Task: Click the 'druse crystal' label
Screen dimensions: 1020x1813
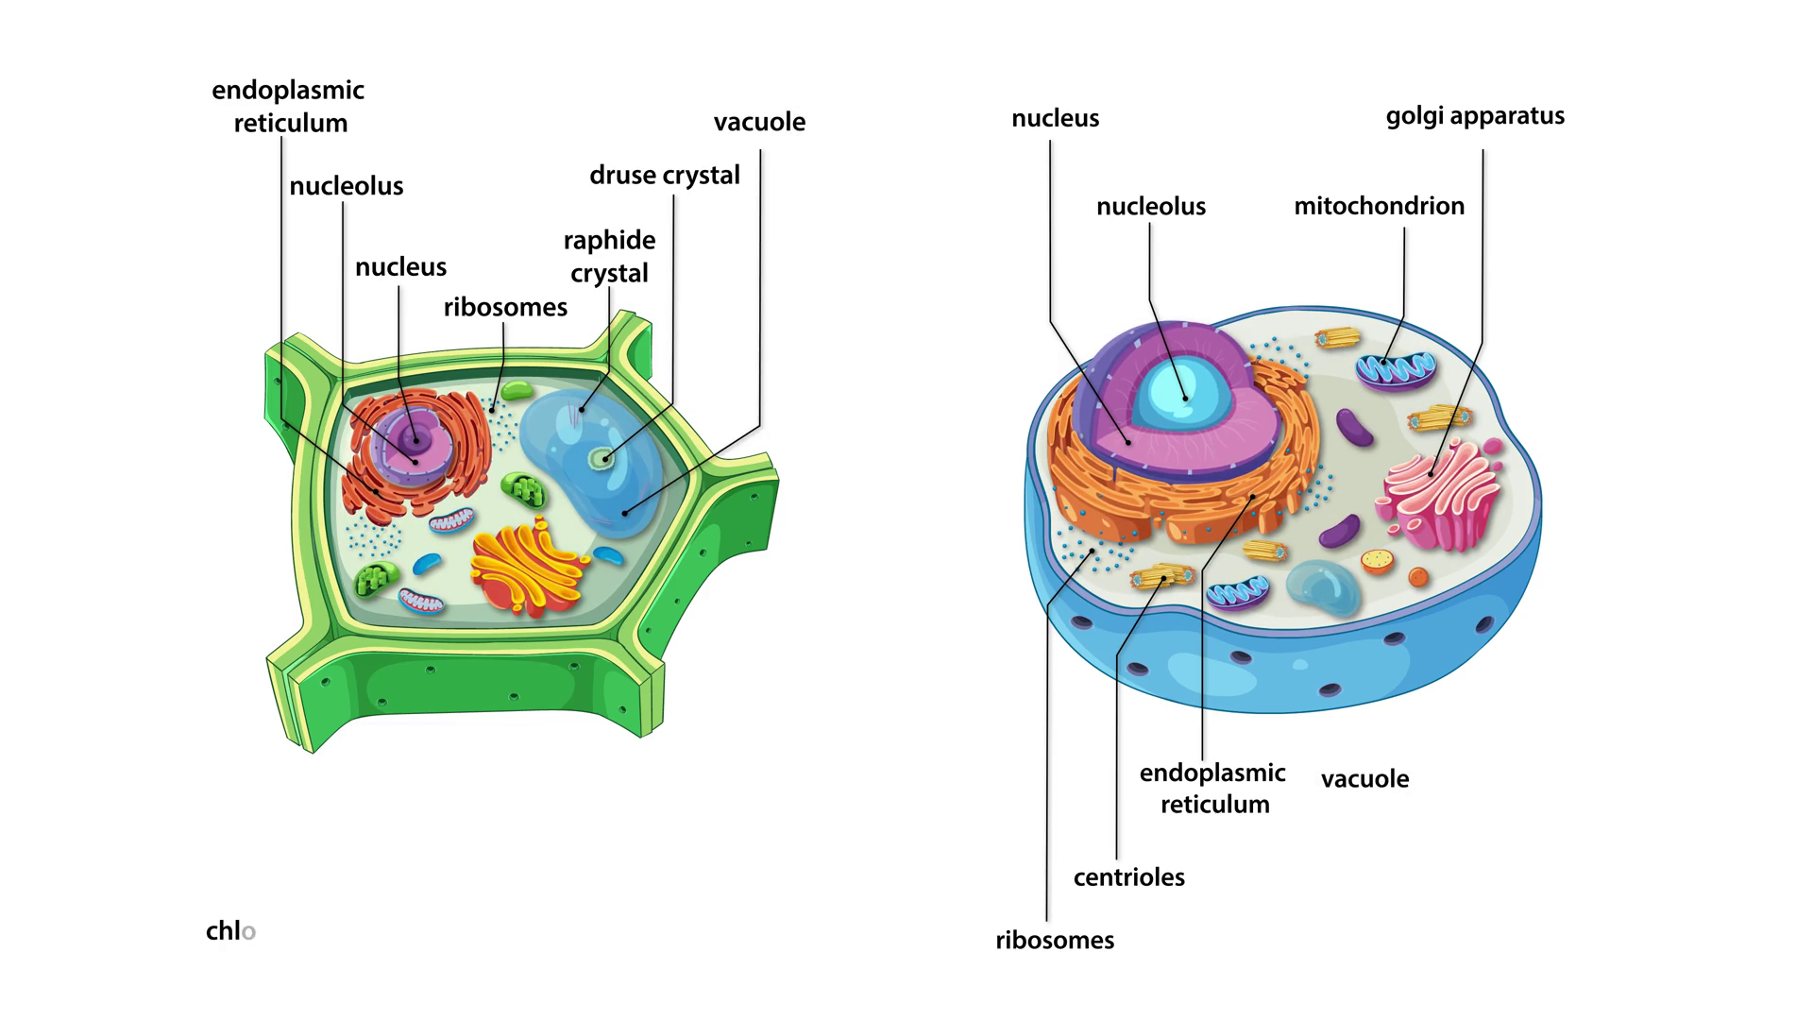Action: point(664,176)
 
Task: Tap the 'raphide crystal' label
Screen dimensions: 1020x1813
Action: point(609,256)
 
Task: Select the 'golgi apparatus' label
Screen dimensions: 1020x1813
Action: point(1475,116)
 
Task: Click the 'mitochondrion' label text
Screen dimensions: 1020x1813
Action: point(1379,206)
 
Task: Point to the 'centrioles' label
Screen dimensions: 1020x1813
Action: point(1128,877)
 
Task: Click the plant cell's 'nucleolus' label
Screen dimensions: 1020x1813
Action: point(346,186)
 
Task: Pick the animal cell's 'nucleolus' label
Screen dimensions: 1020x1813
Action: point(1150,207)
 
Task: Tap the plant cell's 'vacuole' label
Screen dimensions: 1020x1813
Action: point(759,123)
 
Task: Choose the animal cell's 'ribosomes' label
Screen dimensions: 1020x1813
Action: point(1055,941)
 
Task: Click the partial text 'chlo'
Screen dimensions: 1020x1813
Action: point(230,931)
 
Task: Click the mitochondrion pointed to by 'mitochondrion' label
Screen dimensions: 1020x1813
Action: point(1396,367)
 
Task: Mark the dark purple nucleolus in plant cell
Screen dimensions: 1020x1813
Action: point(414,438)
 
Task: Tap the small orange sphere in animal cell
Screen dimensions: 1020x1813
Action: point(1417,576)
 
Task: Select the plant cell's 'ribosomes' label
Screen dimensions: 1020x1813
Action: point(505,308)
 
